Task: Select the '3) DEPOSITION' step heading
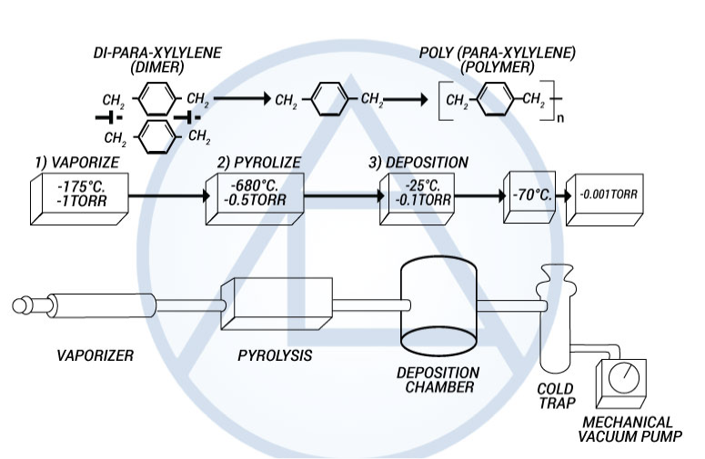[418, 163]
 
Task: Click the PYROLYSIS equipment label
[270, 355]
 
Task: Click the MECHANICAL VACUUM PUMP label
[629, 430]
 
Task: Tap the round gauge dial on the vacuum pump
[624, 379]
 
